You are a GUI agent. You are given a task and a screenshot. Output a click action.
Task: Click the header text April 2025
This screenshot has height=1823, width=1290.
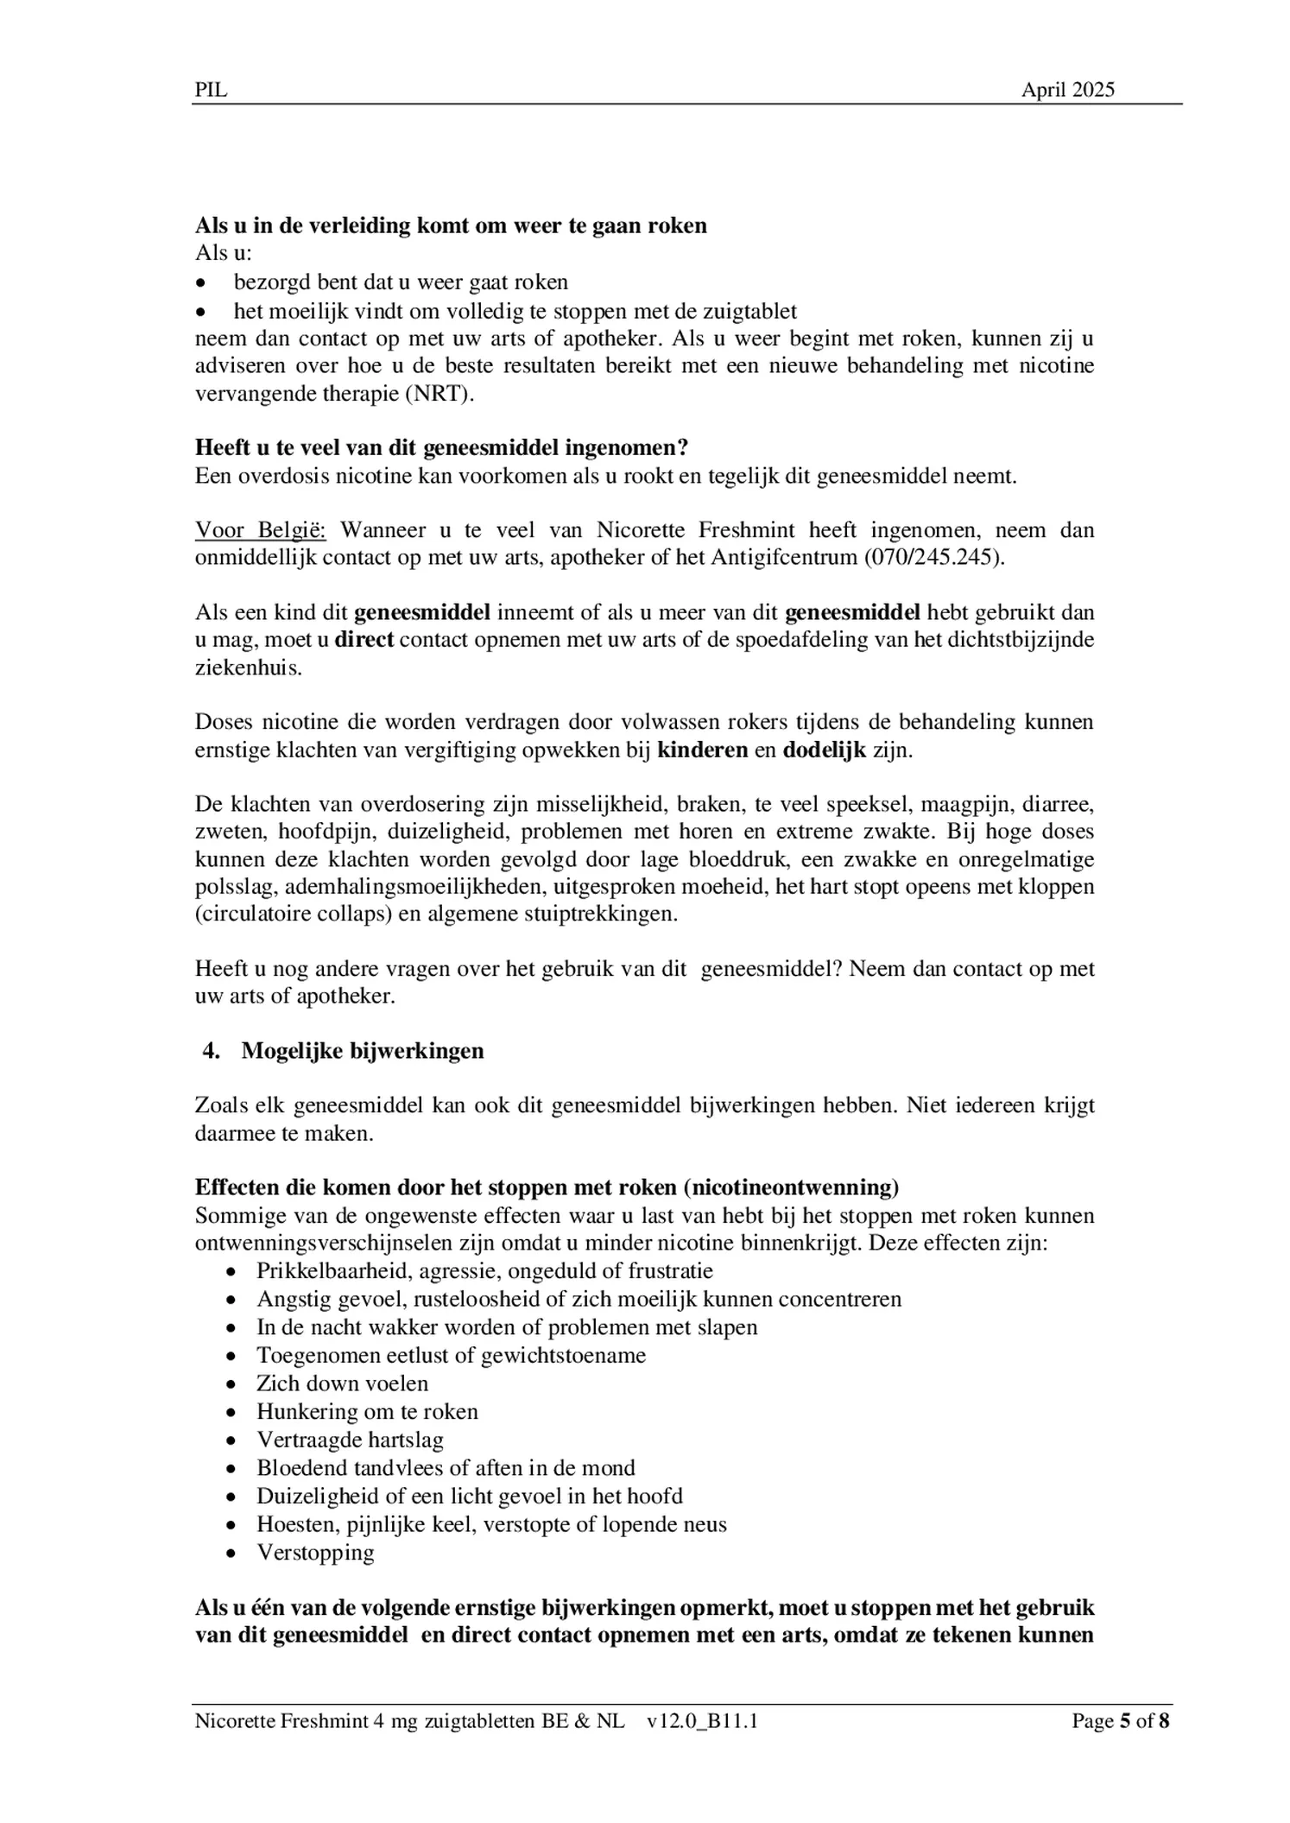pyautogui.click(x=1067, y=90)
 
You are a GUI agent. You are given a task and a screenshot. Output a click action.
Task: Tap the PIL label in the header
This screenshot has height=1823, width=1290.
pyautogui.click(x=212, y=90)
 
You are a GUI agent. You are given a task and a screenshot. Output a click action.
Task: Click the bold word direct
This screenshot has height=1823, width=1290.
pyautogui.click(x=364, y=640)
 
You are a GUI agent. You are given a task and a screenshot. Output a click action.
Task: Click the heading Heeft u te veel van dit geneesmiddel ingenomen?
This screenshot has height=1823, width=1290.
pyautogui.click(x=441, y=447)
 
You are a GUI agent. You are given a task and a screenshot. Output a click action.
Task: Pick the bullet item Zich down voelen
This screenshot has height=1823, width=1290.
pyautogui.click(x=342, y=1383)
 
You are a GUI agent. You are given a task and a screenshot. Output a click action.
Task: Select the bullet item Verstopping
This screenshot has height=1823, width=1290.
pyautogui.click(x=315, y=1552)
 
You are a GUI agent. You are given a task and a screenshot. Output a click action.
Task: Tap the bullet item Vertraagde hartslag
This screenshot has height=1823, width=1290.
pyautogui.click(x=350, y=1440)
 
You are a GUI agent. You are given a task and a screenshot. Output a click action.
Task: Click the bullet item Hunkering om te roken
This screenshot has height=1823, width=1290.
pyautogui.click(x=367, y=1411)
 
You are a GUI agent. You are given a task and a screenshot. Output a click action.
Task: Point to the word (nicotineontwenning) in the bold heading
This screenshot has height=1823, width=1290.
pyautogui.click(x=790, y=1187)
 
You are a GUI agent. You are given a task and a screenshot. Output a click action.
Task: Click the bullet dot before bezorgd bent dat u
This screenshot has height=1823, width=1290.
pyautogui.click(x=201, y=283)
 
